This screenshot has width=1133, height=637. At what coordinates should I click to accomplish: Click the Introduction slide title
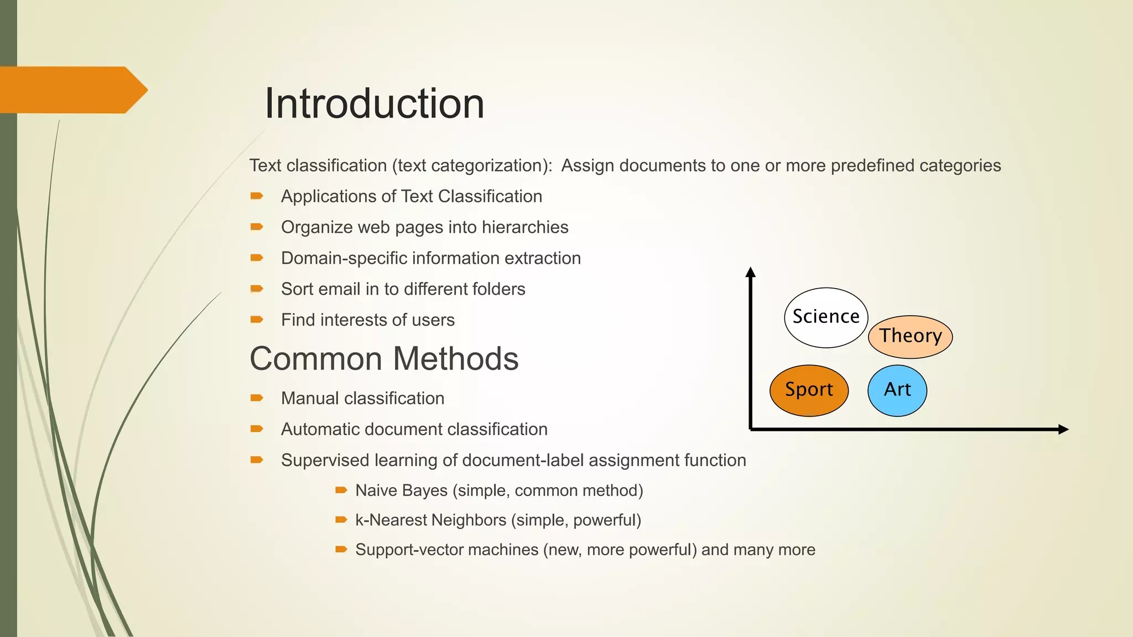[x=374, y=104]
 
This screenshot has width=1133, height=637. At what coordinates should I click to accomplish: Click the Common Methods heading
[x=384, y=359]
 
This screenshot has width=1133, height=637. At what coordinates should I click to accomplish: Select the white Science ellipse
[x=825, y=317]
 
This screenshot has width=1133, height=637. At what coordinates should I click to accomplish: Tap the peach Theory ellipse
[x=910, y=336]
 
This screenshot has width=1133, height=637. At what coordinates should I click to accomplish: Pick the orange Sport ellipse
[x=808, y=390]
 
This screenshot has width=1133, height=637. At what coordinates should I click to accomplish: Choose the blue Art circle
[x=897, y=390]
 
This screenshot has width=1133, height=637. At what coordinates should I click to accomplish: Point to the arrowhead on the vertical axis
[x=750, y=272]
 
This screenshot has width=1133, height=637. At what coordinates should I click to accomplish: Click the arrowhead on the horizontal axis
[x=1063, y=429]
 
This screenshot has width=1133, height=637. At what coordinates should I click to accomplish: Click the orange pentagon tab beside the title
[x=72, y=90]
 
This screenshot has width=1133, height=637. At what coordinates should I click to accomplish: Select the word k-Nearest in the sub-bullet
[x=391, y=520]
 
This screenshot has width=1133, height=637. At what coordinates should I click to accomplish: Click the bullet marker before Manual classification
[x=257, y=398]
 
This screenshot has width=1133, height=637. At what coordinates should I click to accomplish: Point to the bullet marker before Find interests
[x=257, y=319]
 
